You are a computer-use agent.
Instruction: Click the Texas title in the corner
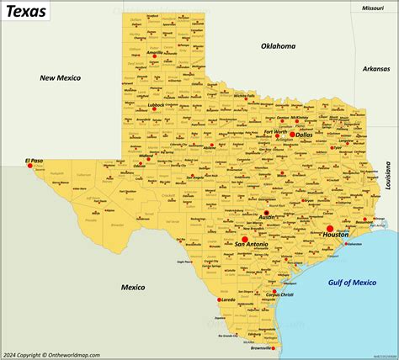(x=25, y=11)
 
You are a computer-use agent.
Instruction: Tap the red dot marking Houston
(x=330, y=229)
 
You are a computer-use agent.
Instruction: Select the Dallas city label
(x=304, y=134)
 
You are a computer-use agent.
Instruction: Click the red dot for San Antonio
(x=244, y=240)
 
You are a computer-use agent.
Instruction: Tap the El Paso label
(x=34, y=160)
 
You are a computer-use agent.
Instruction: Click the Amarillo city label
(x=155, y=52)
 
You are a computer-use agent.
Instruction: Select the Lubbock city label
(x=156, y=105)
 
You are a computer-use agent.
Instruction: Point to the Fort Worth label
(x=275, y=131)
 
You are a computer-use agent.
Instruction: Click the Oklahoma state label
(x=279, y=45)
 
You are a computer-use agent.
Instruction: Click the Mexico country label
(x=133, y=287)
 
